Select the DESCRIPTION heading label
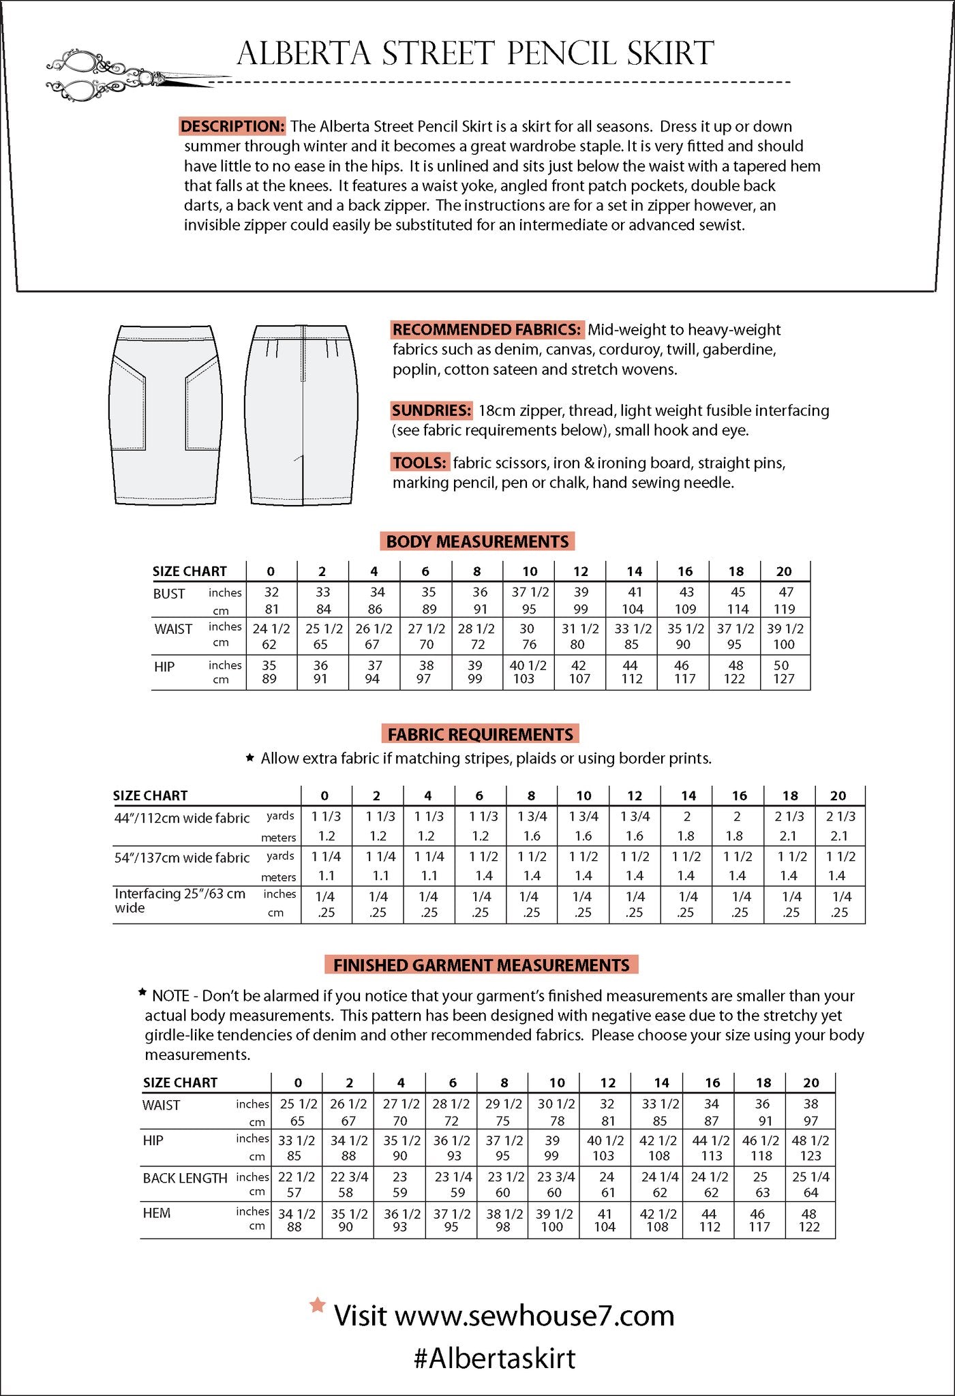tap(232, 126)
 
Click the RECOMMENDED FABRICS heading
tap(487, 330)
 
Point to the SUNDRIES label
tap(431, 410)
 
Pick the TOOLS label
tap(420, 463)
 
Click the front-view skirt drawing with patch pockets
tap(165, 414)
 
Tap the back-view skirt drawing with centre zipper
tap(301, 414)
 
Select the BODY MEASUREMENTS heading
tap(477, 541)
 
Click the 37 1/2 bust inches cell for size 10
tap(530, 592)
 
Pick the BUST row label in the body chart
tap(169, 594)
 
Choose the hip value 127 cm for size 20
tap(784, 679)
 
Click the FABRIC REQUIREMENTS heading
tap(480, 734)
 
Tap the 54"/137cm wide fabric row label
tap(182, 858)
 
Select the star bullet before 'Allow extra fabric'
tap(250, 757)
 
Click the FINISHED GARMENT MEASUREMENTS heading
tap(481, 965)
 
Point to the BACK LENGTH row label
tap(185, 1178)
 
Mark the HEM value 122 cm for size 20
tap(809, 1227)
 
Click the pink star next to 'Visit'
tap(317, 1305)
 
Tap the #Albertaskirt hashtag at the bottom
tap(495, 1358)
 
